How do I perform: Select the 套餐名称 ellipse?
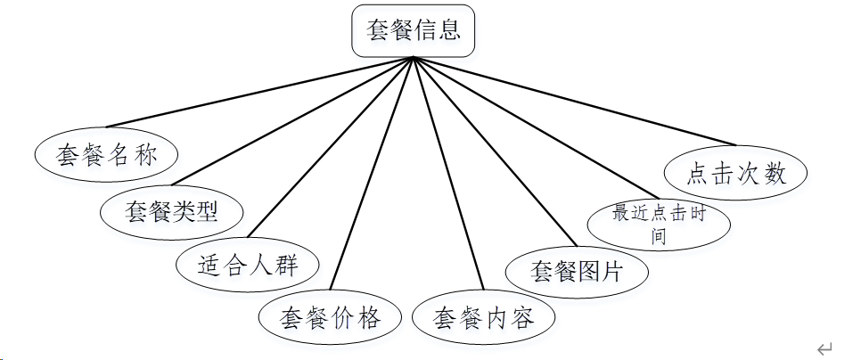[x=106, y=156]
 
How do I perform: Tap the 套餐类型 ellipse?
[x=172, y=211]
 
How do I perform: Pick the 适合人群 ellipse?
[x=248, y=264]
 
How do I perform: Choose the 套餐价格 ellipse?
[x=330, y=317]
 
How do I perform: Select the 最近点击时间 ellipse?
[x=660, y=224]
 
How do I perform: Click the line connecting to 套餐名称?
[x=258, y=93]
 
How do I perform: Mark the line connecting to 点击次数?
[x=575, y=102]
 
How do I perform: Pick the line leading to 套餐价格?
[x=372, y=174]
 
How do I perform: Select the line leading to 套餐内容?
[x=448, y=174]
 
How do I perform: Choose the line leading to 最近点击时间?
[x=535, y=128]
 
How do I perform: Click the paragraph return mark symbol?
[x=824, y=348]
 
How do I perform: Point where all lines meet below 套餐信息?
[x=413, y=59]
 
